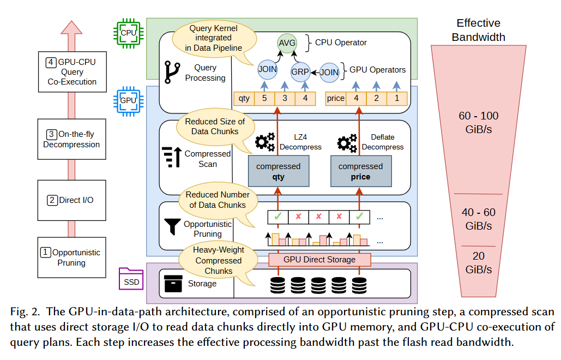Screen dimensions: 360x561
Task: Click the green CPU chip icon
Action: pos(129,33)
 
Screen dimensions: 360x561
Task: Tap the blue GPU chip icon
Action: pos(128,100)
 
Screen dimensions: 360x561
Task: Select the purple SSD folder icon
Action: pos(131,279)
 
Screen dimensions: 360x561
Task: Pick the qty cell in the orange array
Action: pos(243,99)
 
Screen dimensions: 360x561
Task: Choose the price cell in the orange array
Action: pos(335,99)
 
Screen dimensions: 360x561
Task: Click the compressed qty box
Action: pos(278,171)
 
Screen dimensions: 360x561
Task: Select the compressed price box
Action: pos(360,171)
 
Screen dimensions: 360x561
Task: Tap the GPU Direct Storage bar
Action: pos(319,260)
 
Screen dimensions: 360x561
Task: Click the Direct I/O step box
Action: pos(71,200)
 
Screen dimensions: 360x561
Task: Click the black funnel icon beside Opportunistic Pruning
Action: pos(173,227)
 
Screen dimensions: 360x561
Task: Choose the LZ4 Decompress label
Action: pos(300,142)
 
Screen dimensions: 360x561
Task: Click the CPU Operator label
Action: pos(341,43)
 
